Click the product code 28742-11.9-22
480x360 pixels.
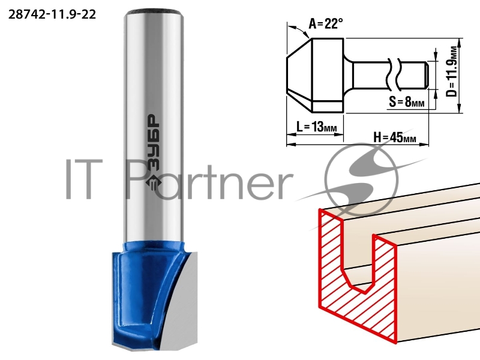(x=52, y=14)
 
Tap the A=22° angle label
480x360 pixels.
(x=326, y=23)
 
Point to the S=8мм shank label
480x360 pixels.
(x=407, y=101)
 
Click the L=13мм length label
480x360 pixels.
(x=317, y=126)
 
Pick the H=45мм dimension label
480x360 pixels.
(x=395, y=137)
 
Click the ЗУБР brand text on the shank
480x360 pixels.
(x=154, y=143)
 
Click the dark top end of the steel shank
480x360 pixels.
(x=154, y=12)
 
